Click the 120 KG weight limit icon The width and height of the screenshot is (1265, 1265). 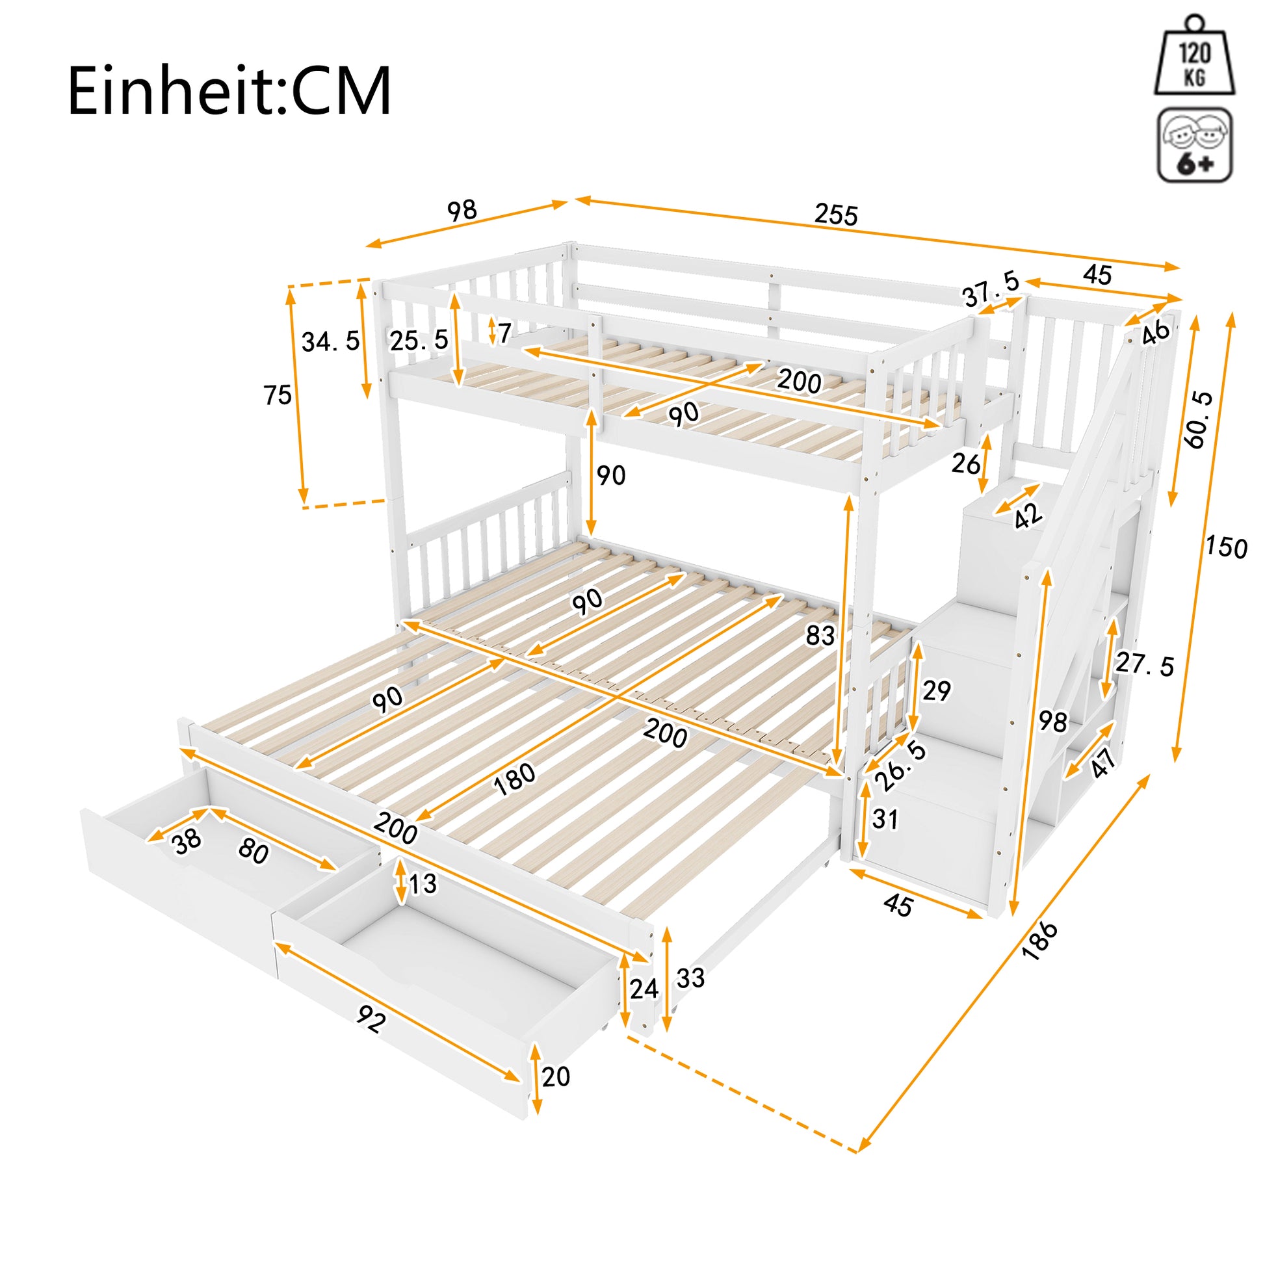[1194, 55]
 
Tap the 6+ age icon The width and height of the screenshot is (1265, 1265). [1195, 145]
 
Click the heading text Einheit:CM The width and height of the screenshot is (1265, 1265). [229, 90]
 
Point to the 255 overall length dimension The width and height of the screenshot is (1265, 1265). [835, 214]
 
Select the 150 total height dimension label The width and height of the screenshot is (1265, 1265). [1227, 546]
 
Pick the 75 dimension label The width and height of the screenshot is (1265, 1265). [277, 395]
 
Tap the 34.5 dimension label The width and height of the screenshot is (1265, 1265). [331, 341]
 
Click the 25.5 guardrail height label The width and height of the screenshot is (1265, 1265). [419, 340]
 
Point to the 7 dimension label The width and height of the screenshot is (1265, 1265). [504, 334]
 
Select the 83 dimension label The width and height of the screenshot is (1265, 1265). [820, 634]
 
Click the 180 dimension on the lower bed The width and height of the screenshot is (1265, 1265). [515, 780]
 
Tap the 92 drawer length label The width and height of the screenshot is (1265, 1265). [370, 1019]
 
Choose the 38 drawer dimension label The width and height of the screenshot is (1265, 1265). [187, 842]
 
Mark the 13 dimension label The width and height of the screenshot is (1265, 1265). [423, 884]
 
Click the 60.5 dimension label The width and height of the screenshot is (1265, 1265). [1198, 420]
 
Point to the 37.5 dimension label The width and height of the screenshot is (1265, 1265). [991, 289]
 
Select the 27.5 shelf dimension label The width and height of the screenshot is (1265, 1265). [1145, 664]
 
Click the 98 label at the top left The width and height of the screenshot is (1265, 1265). [462, 211]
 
